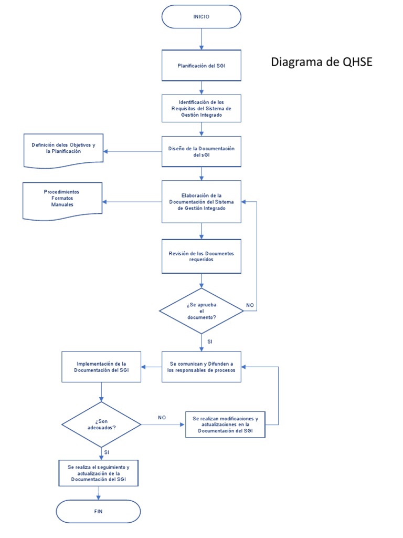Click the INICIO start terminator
pos(201,17)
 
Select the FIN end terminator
pos(98,511)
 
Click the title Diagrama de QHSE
pos(321,62)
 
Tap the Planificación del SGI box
pos(201,66)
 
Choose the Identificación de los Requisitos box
pos(201,108)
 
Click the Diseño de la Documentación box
pos(201,152)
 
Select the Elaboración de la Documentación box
pos(201,202)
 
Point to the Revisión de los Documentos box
pos(201,256)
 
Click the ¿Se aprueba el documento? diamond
pos(201,311)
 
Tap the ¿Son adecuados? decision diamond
pos(101,424)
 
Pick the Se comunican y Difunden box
pos(201,366)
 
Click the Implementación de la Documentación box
pos(101,366)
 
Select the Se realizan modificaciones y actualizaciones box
pos(225,424)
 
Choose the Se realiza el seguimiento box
pos(98,473)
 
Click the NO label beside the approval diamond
pos(250,305)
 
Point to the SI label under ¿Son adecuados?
pos(107,452)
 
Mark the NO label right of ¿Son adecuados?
pos(162,417)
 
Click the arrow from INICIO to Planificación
pos(201,39)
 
